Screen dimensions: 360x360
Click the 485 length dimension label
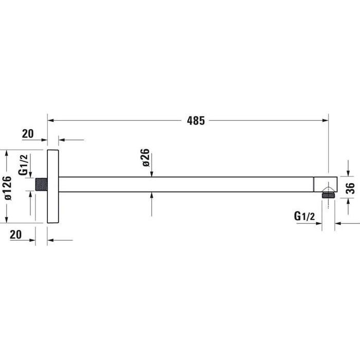pyautogui.click(x=196, y=121)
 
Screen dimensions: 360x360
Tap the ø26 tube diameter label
pyautogui.click(x=146, y=157)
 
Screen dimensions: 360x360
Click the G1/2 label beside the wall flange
pyautogui.click(x=24, y=165)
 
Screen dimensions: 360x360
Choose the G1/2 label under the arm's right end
pyautogui.click(x=304, y=217)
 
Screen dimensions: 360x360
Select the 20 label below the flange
pyautogui.click(x=16, y=234)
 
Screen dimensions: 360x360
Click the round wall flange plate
pyautogui.click(x=53, y=186)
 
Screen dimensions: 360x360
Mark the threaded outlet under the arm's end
pyautogui.click(x=327, y=195)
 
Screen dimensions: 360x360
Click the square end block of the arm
pyautogui.click(x=323, y=185)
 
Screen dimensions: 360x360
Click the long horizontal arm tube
pyautogui.click(x=185, y=185)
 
